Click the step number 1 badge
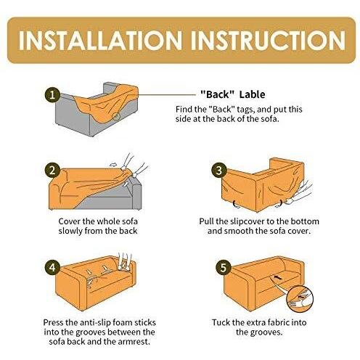[52, 94]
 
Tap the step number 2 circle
[52, 171]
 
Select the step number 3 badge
[219, 171]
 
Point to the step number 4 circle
[52, 268]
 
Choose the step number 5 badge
[223, 268]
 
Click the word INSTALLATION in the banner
[100, 41]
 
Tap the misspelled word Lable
[252, 94]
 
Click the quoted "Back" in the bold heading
[217, 94]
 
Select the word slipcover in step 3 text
[247, 222]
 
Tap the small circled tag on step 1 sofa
[116, 117]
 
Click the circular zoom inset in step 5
[300, 299]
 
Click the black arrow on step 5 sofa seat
[278, 277]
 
